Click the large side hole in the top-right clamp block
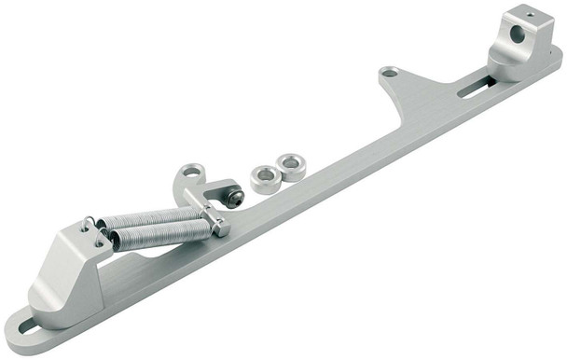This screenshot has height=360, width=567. [x=517, y=35]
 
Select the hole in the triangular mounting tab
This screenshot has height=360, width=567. [x=388, y=72]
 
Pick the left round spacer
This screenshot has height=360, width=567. [x=266, y=177]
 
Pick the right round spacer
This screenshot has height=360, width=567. [x=292, y=167]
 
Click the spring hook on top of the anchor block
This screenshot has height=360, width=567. [x=88, y=225]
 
